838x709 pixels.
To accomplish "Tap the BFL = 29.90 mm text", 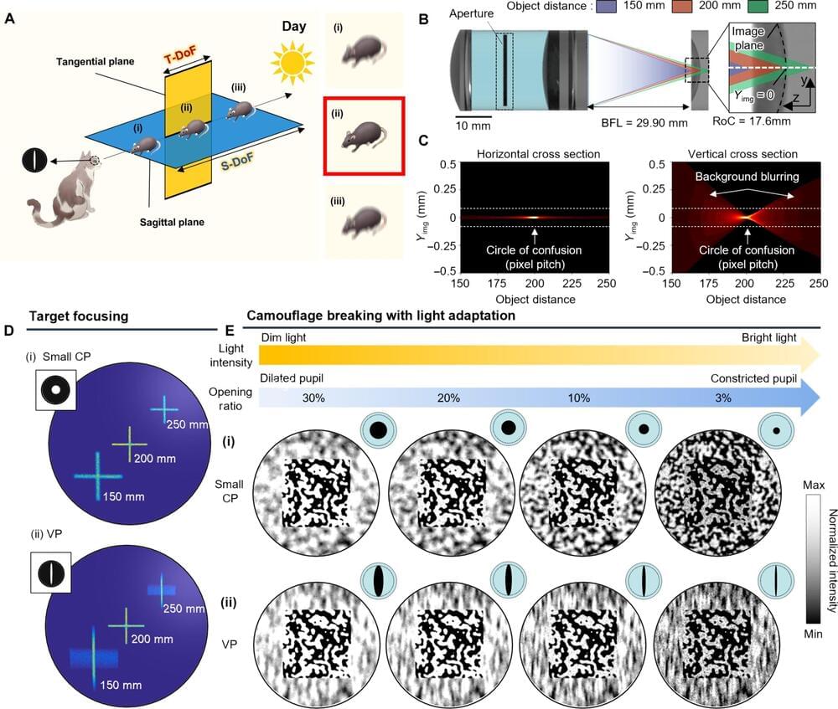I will click(644, 122).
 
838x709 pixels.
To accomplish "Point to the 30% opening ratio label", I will click(313, 398).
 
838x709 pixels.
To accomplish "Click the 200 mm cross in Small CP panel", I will click(128, 442).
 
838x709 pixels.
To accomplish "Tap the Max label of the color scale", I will click(812, 484).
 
